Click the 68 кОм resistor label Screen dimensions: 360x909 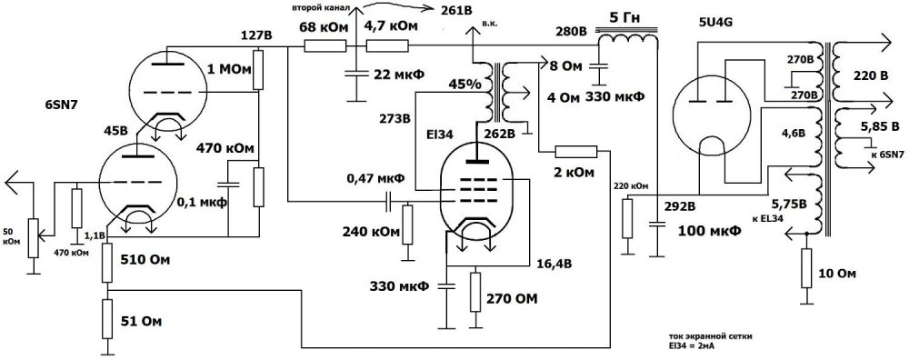coord(324,26)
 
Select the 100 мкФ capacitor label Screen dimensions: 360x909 coord(707,232)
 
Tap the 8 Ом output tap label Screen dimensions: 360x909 coord(568,65)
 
